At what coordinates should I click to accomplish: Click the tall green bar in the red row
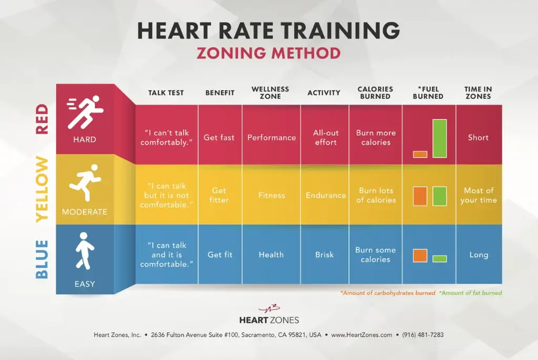point(440,139)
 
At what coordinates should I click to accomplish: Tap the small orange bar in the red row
point(420,155)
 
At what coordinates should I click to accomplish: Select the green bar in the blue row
point(440,259)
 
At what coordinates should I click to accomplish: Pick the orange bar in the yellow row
point(420,196)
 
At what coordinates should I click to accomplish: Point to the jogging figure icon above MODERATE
point(85,183)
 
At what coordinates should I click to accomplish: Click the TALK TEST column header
point(166,93)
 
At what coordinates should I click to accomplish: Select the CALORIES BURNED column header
point(375,93)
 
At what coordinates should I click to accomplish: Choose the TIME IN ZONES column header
point(478,93)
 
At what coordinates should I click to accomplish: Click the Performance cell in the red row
point(271,138)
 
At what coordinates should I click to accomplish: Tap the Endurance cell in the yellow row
point(326,196)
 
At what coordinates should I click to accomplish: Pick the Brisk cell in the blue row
point(325,255)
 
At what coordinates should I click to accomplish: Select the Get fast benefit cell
point(219,138)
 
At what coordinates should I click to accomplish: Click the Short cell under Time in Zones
point(478,138)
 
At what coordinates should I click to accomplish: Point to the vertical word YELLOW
point(42,190)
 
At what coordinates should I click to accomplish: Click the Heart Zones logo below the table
point(268,314)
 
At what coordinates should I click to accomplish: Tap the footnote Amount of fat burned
point(470,293)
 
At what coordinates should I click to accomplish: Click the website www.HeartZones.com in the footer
point(361,335)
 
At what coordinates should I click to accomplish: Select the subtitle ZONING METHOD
point(268,53)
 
